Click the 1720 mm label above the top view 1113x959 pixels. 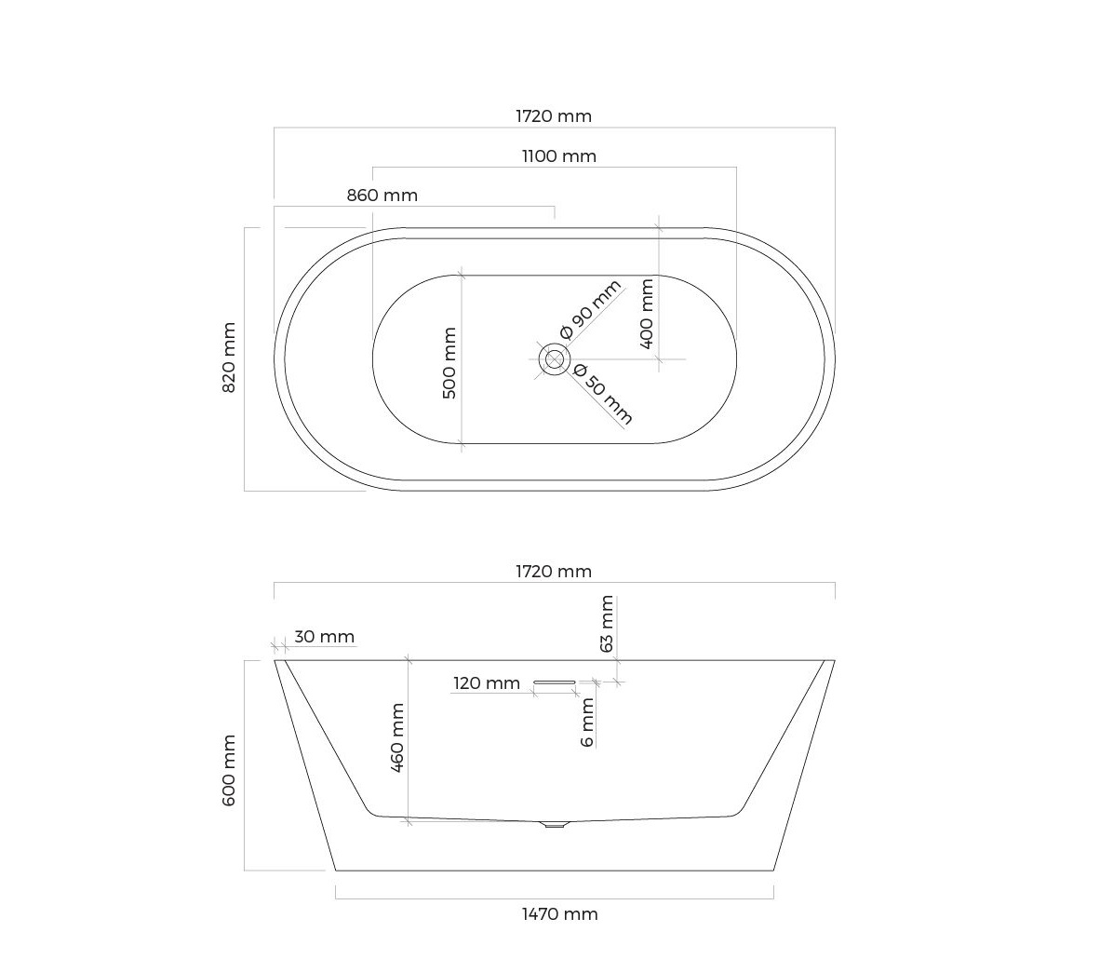[x=554, y=115]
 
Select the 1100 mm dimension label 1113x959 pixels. [x=559, y=156]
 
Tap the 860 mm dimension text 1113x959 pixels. [x=382, y=196]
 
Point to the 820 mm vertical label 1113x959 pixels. [x=229, y=358]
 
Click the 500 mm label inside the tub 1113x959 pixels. [x=449, y=363]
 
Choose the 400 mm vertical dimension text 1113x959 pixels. [x=647, y=314]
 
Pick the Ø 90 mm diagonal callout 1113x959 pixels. [x=590, y=309]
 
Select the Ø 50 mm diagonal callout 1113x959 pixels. [x=603, y=394]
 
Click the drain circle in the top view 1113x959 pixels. [x=554, y=359]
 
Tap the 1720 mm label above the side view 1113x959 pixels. [x=554, y=571]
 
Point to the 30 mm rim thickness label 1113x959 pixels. [x=325, y=637]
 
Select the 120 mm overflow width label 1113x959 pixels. [x=487, y=683]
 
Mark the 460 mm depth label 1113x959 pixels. [x=397, y=737]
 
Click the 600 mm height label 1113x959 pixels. [x=229, y=771]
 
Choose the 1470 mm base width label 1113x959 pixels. [x=560, y=914]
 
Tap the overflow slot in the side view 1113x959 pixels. [x=555, y=682]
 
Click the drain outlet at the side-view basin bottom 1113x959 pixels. [x=555, y=825]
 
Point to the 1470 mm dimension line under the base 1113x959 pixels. [x=555, y=898]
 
